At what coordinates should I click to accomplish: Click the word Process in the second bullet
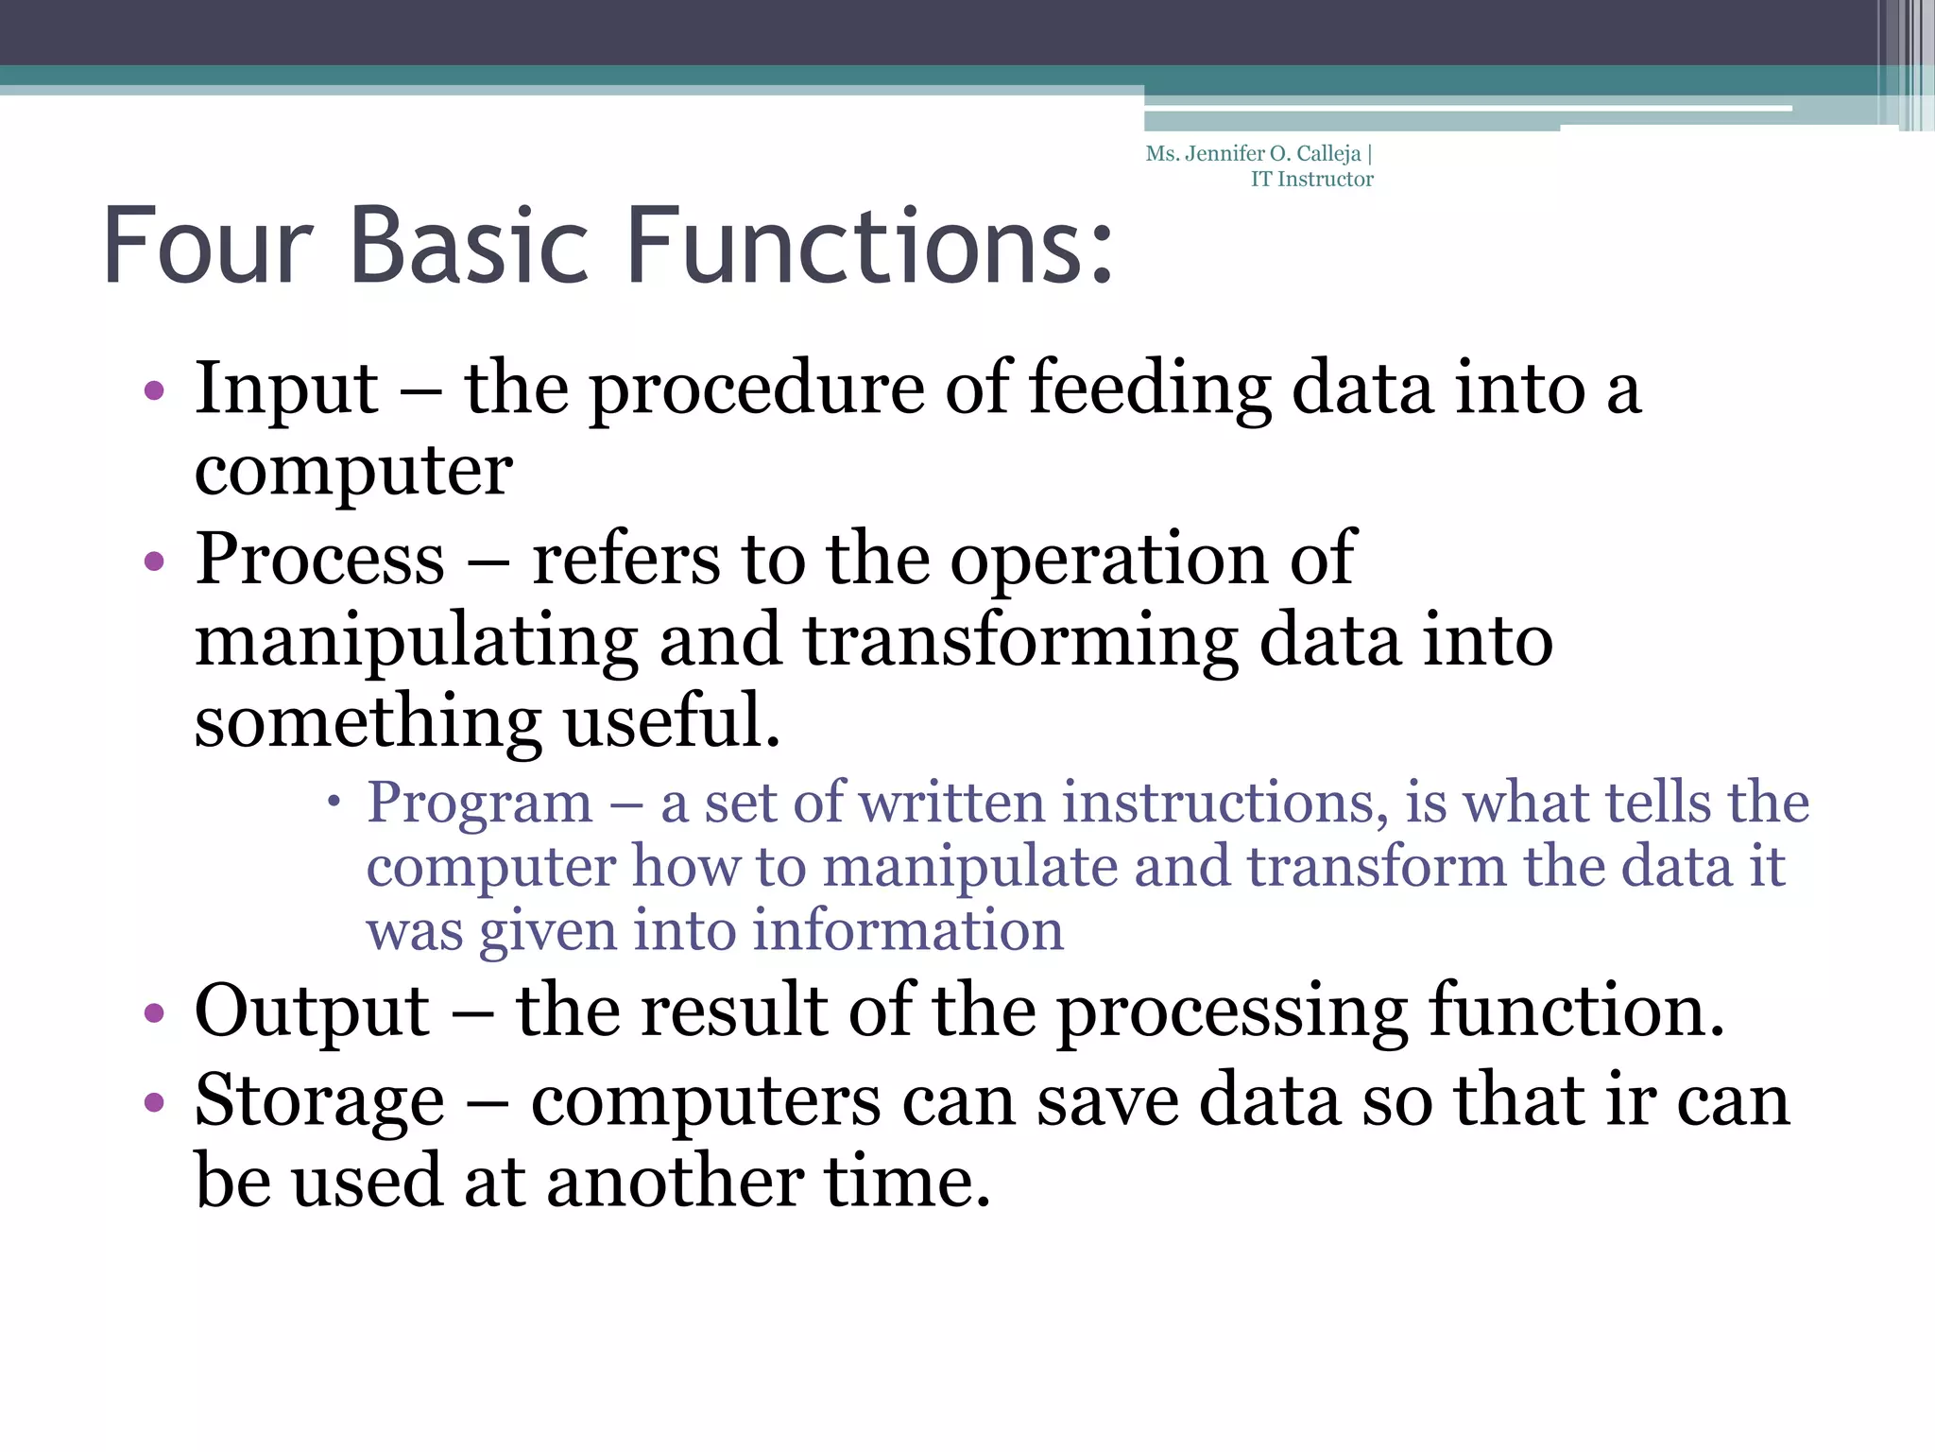319,559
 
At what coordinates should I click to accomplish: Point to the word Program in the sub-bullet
479,804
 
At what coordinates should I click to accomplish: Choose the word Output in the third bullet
312,1011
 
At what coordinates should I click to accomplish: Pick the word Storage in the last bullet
319,1102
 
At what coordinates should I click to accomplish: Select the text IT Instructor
1311,180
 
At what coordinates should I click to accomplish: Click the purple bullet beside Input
154,390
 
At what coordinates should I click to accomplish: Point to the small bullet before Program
333,803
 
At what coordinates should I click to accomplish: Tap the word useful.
672,721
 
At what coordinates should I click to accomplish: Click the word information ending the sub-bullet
908,930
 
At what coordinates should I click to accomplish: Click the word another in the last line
675,1182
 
